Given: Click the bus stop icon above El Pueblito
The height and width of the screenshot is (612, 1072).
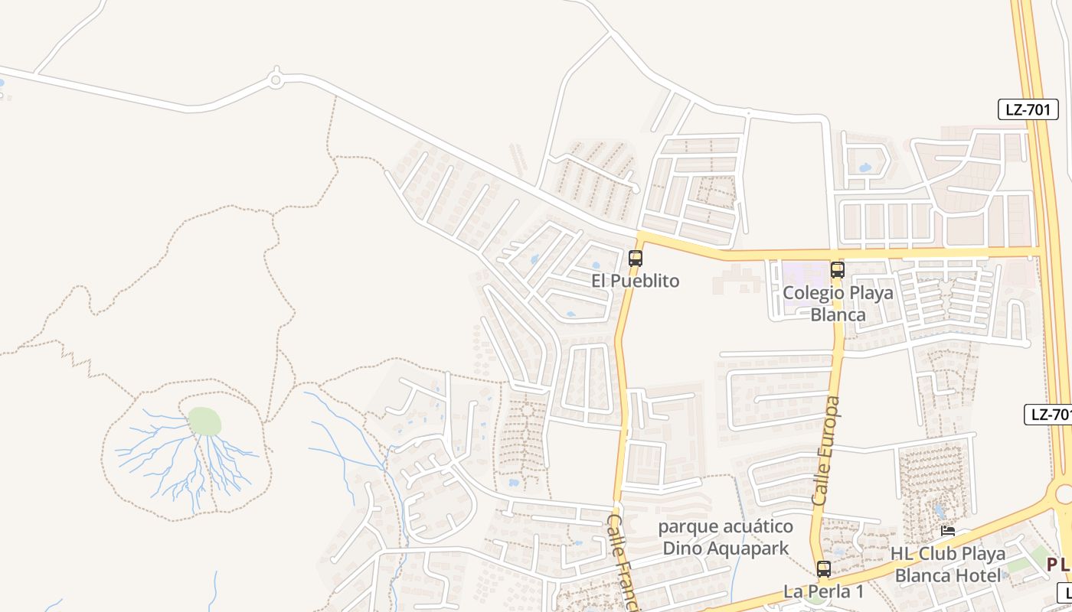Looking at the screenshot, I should pyautogui.click(x=635, y=259).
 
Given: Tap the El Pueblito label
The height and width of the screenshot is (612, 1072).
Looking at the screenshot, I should pyautogui.click(x=635, y=281).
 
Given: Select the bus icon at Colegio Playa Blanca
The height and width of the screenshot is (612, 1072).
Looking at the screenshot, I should pyautogui.click(x=837, y=269).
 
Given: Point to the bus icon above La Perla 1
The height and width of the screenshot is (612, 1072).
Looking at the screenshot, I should pyautogui.click(x=823, y=569).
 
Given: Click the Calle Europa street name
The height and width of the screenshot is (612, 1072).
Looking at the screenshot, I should pyautogui.click(x=826, y=451).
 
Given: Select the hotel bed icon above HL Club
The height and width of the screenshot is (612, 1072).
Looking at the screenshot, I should pyautogui.click(x=947, y=531).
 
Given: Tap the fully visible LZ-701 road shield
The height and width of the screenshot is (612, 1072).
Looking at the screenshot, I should pyautogui.click(x=1028, y=109).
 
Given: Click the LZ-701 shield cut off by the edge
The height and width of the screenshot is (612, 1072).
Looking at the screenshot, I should pyautogui.click(x=1049, y=415).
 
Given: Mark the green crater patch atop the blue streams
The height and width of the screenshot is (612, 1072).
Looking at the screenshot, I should pyautogui.click(x=204, y=421).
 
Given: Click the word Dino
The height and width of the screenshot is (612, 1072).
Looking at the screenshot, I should pyautogui.click(x=680, y=549).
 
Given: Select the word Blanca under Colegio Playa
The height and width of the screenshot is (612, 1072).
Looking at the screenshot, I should pyautogui.click(x=838, y=314).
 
